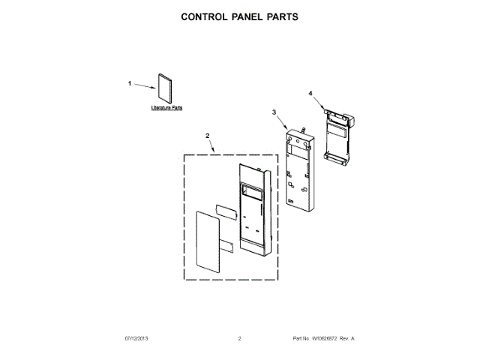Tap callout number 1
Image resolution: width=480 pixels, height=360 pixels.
[129, 83]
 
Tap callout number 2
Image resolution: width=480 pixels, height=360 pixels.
[208, 136]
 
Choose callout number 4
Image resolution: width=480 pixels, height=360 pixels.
[310, 93]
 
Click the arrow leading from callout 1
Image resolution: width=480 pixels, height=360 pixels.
[144, 86]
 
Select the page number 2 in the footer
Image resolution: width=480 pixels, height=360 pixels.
[239, 339]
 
